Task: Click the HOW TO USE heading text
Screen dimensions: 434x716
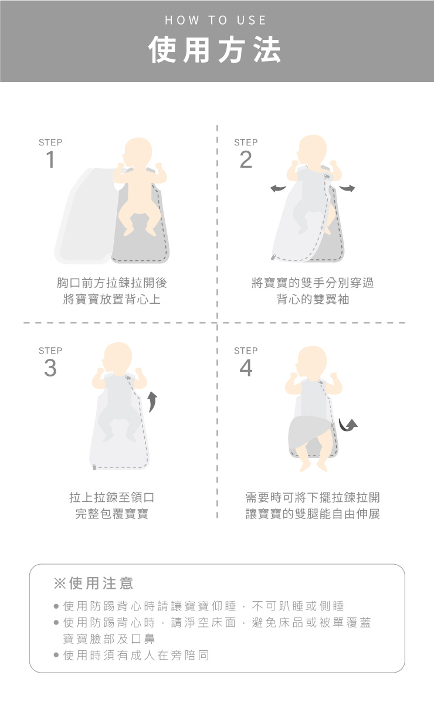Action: click(x=215, y=20)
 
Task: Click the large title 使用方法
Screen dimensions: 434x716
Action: click(x=215, y=49)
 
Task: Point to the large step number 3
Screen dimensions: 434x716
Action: click(x=50, y=368)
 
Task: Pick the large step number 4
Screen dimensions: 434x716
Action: click(x=246, y=368)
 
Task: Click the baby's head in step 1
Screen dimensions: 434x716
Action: click(x=137, y=152)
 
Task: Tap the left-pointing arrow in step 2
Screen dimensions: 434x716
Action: click(x=278, y=189)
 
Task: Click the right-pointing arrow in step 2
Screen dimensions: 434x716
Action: click(x=347, y=188)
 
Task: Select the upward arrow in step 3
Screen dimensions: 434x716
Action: click(x=152, y=402)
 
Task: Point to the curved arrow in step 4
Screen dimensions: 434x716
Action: click(x=348, y=425)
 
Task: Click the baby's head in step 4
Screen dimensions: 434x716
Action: click(x=311, y=361)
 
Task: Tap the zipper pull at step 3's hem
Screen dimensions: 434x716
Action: click(x=94, y=467)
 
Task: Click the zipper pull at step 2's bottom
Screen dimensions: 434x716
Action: click(x=273, y=257)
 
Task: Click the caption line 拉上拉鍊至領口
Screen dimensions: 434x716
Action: click(x=112, y=497)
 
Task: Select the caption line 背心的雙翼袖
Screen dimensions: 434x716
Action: click(x=313, y=299)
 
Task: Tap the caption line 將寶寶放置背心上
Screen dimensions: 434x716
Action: click(x=112, y=299)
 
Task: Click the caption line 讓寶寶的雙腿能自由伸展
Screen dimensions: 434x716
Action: click(x=313, y=514)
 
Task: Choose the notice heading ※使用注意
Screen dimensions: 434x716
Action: click(x=93, y=583)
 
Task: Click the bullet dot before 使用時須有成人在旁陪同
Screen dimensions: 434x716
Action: click(x=56, y=655)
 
